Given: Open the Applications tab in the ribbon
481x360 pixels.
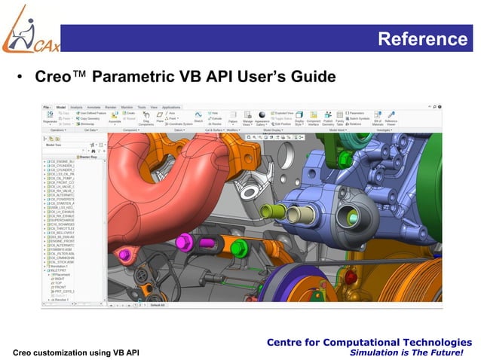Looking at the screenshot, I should tap(170, 107).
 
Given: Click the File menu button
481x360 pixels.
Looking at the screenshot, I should tap(47, 107).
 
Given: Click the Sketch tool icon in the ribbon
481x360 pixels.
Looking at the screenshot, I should tap(199, 117).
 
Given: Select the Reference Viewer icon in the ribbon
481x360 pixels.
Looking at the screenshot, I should tap(391, 118).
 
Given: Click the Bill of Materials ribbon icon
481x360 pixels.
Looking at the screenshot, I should tap(378, 118).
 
